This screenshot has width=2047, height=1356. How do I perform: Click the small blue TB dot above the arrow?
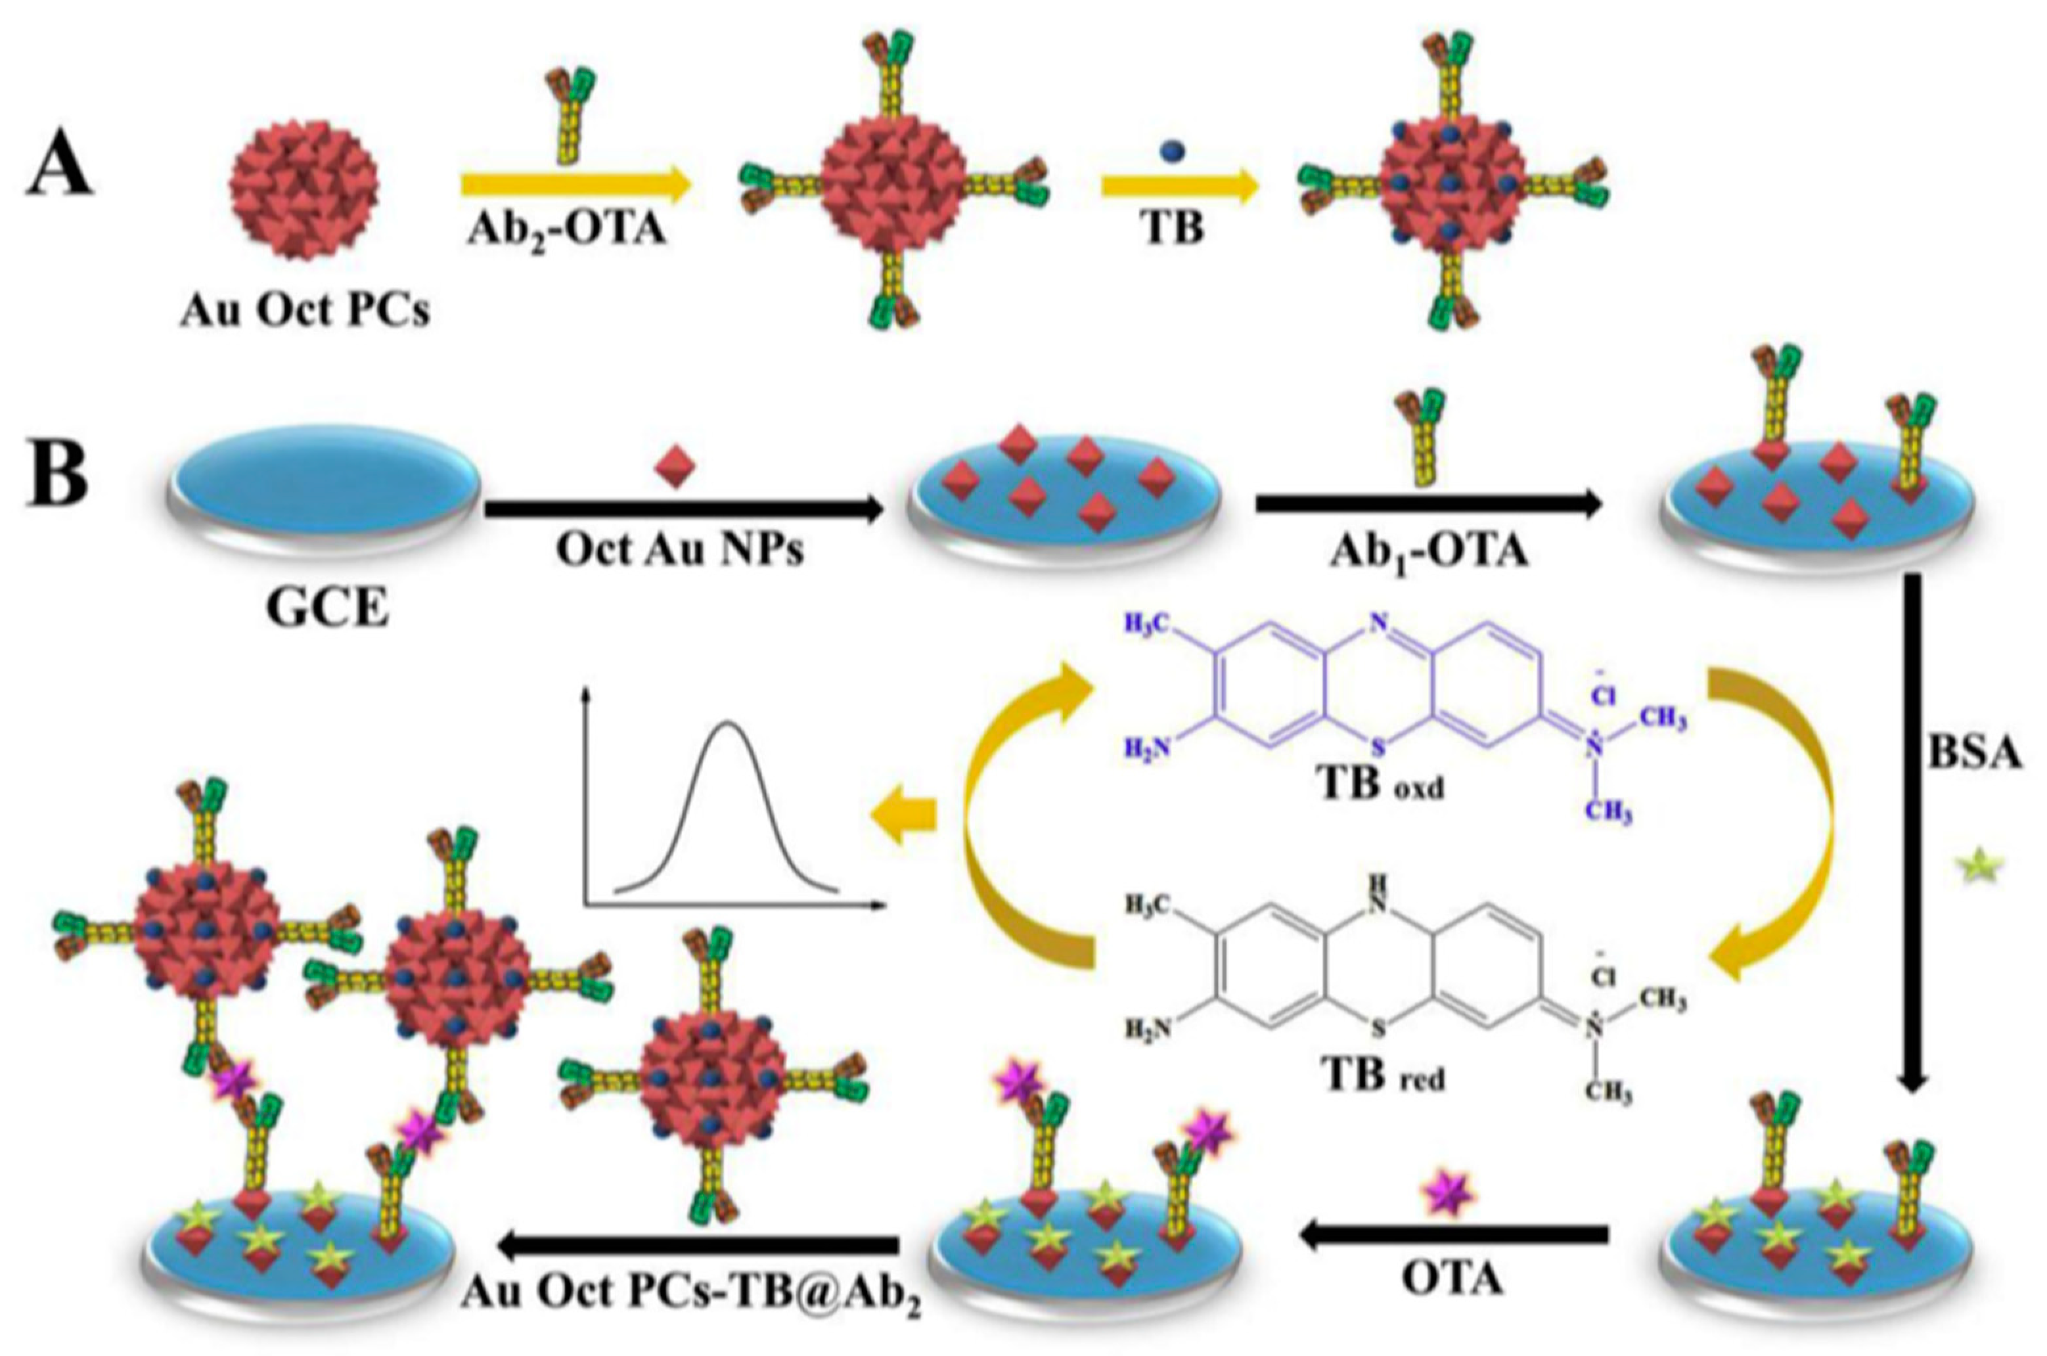tap(1173, 152)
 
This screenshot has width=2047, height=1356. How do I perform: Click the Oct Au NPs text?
tap(680, 549)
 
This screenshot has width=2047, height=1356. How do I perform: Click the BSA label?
tap(1973, 755)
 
